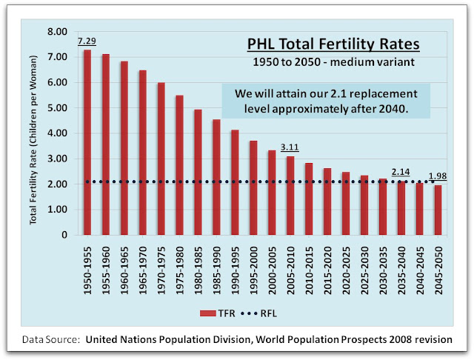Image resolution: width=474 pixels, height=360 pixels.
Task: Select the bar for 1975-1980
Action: point(178,165)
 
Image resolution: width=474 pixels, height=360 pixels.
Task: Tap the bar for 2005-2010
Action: point(290,196)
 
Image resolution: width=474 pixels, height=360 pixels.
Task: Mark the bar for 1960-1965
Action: point(124,148)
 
